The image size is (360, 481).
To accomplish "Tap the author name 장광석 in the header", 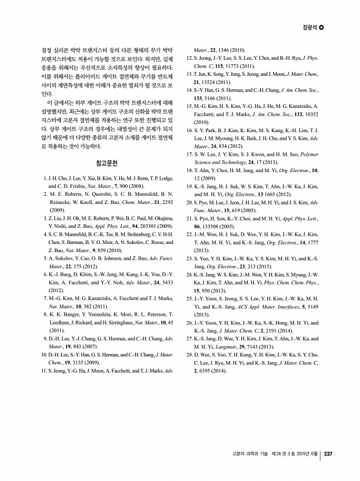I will tap(310, 27).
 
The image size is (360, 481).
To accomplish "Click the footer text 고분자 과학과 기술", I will tap(248, 454).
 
